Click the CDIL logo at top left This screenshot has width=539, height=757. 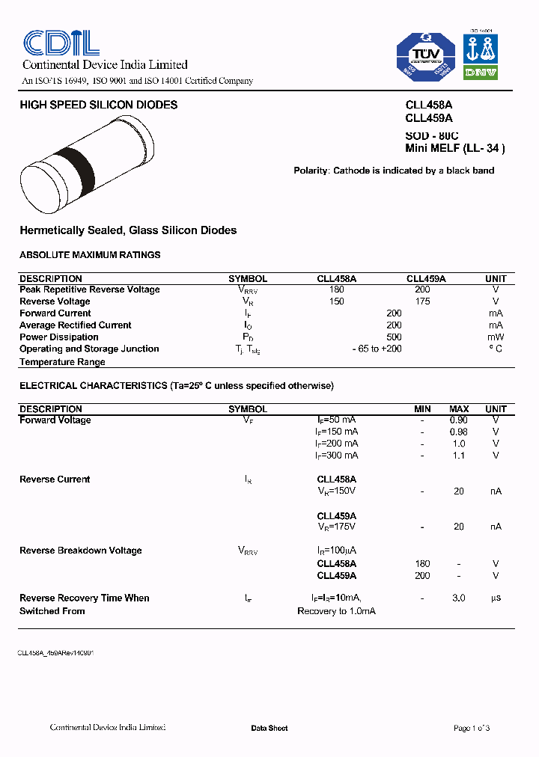click(61, 43)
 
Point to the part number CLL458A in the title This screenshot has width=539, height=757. click(429, 105)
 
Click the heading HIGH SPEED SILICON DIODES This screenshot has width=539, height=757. click(99, 105)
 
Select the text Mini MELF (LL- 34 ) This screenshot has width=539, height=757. click(455, 148)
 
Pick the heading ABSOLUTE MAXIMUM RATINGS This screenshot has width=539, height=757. click(90, 255)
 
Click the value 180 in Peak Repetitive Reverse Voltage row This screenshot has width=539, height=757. click(336, 289)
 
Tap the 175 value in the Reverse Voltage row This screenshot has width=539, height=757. click(422, 301)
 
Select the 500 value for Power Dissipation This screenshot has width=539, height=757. click(394, 337)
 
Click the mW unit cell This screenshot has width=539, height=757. click(496, 337)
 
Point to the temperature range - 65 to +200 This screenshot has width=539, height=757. click(377, 349)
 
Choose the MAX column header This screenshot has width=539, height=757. click(459, 409)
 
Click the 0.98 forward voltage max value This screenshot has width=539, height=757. click(458, 432)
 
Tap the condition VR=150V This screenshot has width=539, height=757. click(337, 491)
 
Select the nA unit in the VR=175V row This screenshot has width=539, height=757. click(496, 527)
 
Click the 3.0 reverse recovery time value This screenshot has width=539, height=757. click(459, 598)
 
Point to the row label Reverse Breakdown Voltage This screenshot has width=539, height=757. click(81, 551)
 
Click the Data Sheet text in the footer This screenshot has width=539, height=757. click(269, 728)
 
